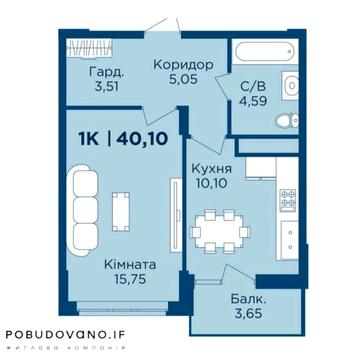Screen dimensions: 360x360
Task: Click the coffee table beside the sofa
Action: point(122,209)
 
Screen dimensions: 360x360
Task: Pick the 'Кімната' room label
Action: point(125,267)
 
